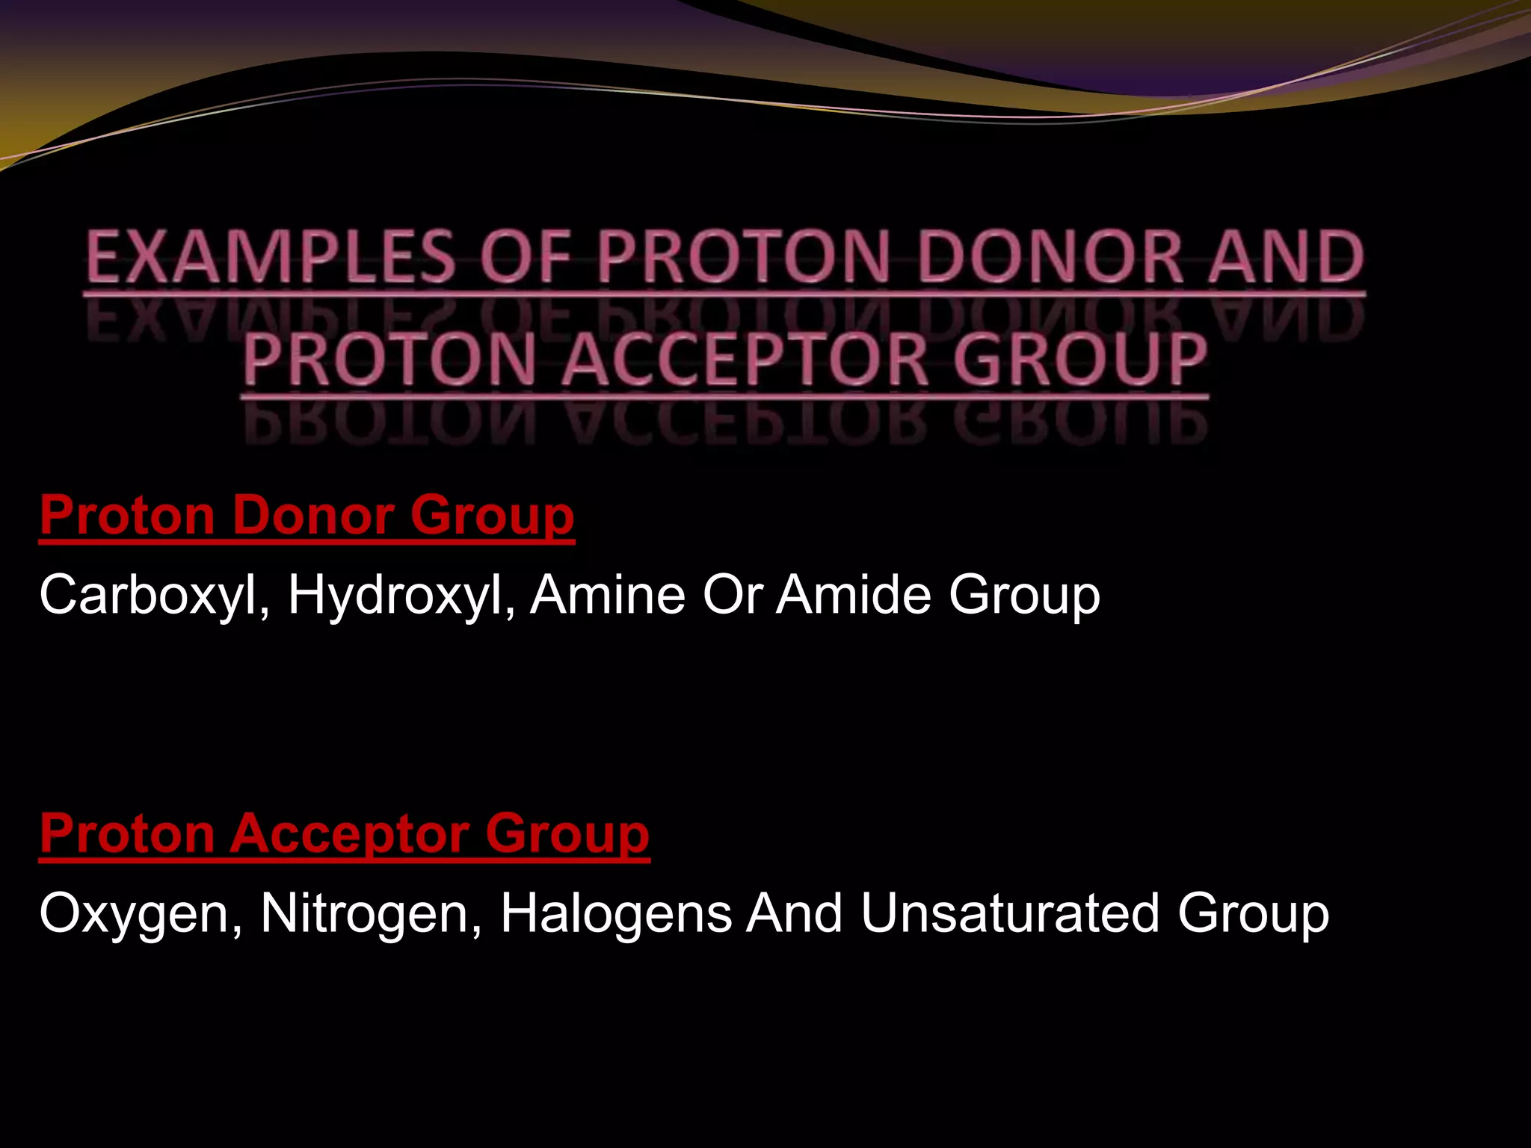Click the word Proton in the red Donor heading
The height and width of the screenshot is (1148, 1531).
(128, 515)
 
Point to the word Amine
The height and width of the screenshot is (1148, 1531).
(608, 596)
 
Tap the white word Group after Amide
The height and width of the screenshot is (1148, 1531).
(1024, 596)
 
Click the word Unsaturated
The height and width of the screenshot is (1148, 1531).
(1010, 914)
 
